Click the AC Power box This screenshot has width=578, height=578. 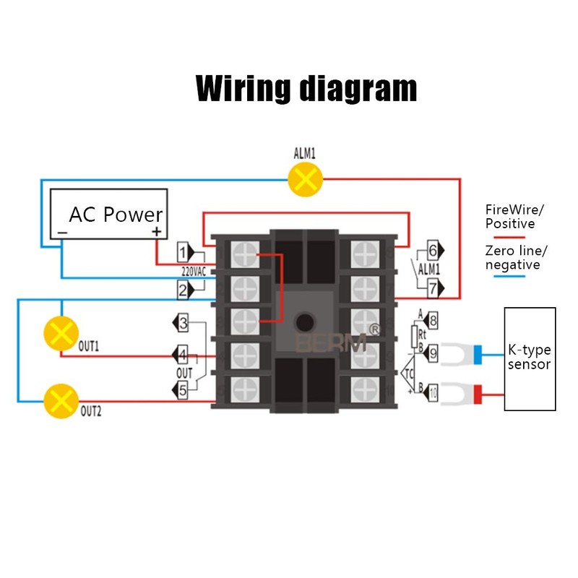pyautogui.click(x=108, y=215)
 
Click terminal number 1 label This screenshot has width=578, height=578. pyautogui.click(x=184, y=252)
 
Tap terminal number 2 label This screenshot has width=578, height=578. pyautogui.click(x=184, y=290)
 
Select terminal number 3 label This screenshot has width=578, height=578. pyautogui.click(x=184, y=323)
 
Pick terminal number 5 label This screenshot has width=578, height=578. pyautogui.click(x=184, y=389)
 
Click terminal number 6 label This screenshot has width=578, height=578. pyautogui.click(x=433, y=251)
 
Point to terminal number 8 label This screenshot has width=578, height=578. pyautogui.click(x=433, y=319)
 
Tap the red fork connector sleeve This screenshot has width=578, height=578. pyautogui.click(x=478, y=394)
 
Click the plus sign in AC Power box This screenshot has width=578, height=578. pyautogui.click(x=155, y=232)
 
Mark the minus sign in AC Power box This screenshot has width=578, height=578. pyautogui.click(x=63, y=232)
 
